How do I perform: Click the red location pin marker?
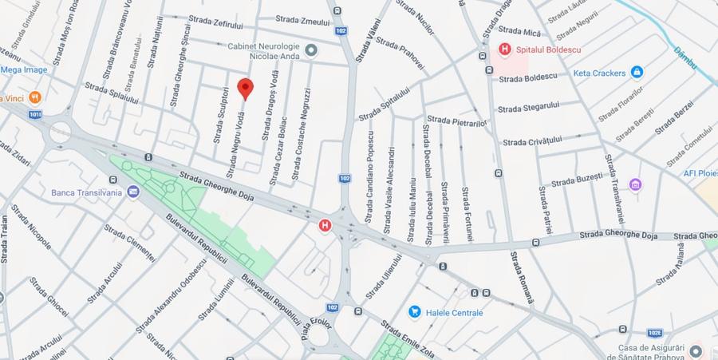click(246, 89)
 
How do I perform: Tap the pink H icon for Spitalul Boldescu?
click(504, 49)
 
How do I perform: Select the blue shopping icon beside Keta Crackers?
click(637, 73)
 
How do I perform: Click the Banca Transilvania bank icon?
click(132, 192)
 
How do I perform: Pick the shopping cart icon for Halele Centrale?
click(414, 312)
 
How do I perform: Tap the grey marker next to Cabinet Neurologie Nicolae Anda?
click(311, 50)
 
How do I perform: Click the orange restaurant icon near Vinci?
click(34, 97)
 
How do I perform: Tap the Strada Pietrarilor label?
click(457, 121)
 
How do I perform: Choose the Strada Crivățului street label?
click(532, 141)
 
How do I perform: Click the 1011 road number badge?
click(34, 114)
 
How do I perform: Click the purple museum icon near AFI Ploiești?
click(635, 185)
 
